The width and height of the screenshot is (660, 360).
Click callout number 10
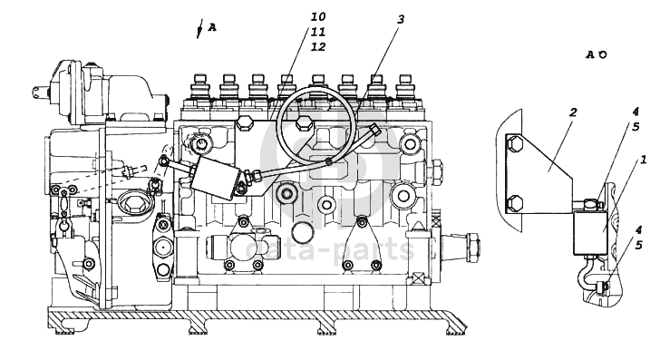318,16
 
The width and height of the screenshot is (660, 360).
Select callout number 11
318,32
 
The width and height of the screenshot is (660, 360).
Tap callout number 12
318,47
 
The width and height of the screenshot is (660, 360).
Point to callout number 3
401,19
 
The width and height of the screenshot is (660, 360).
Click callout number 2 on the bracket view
573,112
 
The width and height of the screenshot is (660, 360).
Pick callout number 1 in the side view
643,160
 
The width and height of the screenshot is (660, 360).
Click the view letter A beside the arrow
212,28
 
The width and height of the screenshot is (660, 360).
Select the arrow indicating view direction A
200,29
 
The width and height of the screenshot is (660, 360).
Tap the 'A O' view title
597,54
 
